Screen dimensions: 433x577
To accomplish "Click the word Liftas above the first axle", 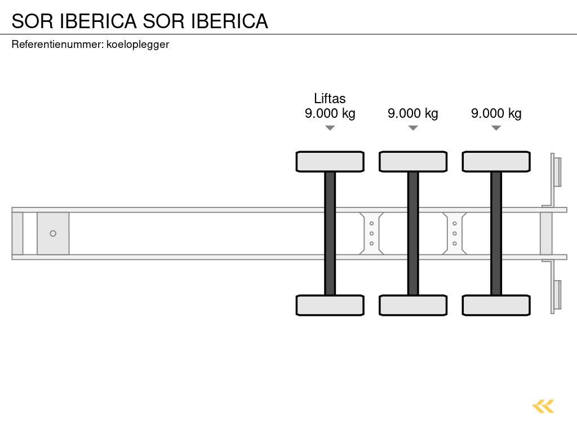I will point(330,99).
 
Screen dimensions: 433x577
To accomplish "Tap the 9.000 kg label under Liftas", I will point(330,113).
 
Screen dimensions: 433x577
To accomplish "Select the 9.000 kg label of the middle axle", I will point(412,113).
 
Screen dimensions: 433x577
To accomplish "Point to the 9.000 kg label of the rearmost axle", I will point(496,113).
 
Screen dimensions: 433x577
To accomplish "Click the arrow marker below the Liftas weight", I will point(330,128).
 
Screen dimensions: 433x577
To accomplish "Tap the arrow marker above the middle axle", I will point(413,128).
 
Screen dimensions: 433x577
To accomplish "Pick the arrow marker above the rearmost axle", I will point(496,128).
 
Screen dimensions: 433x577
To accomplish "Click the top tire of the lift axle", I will point(330,161).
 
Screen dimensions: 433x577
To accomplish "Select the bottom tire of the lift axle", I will point(330,305).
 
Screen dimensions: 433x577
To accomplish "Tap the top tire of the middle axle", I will point(413,161).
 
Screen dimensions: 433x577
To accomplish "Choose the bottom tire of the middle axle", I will point(413,305).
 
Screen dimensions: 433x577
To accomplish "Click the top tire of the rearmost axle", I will point(496,161).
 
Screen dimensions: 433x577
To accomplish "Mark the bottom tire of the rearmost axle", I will point(496,305).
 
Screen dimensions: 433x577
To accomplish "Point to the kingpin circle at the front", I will point(53,233).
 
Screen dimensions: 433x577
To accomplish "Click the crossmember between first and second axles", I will point(371,233).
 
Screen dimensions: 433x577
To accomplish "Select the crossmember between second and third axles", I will point(454,233).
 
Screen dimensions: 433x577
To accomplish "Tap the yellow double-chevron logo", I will point(543,406).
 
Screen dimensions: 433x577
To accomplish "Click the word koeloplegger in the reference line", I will point(137,45).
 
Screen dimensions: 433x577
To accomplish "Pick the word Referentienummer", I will point(57,45).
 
